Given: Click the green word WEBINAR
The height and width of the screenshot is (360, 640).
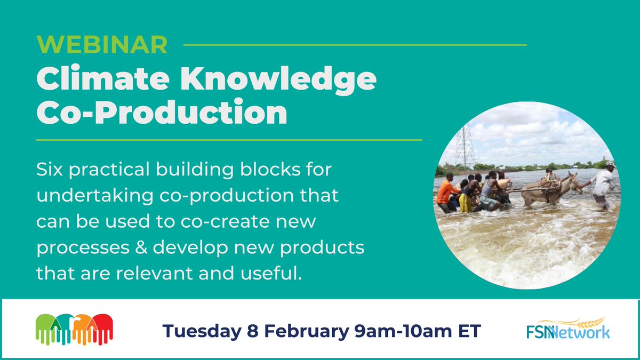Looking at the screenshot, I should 102,45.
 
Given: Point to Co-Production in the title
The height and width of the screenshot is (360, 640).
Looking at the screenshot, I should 162,113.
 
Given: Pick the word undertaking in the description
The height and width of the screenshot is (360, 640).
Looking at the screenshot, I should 97,196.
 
